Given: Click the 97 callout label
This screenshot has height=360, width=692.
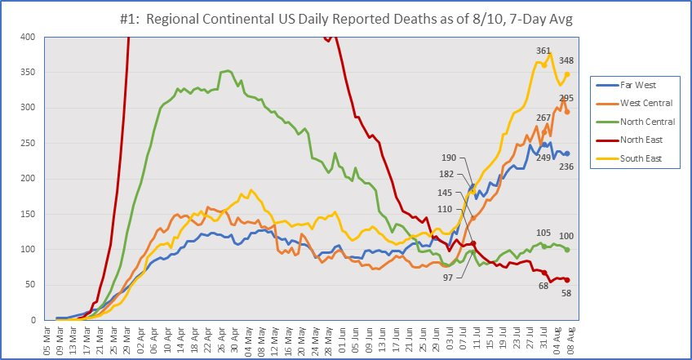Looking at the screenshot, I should (x=448, y=278).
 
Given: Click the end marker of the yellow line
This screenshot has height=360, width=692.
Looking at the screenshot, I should (x=567, y=74).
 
